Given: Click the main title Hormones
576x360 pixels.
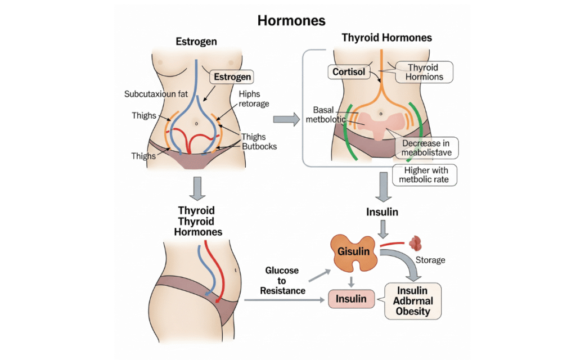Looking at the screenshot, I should coord(291,21).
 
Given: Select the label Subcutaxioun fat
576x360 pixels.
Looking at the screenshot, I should coord(156,94).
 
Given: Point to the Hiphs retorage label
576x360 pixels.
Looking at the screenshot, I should coord(254,99).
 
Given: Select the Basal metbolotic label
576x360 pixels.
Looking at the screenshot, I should coord(323,114).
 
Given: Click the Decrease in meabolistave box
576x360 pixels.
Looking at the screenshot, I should coord(426,148).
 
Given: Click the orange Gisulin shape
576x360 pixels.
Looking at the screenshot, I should coord(354,251).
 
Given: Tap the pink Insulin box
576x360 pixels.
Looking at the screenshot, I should coord(351,299).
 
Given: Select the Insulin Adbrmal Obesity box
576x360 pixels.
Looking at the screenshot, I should coord(412,301).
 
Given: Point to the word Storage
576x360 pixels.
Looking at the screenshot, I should coord(430,260).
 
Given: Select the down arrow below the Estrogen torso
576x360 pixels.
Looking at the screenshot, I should coord(196,188).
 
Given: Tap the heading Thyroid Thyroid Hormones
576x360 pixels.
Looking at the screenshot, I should coord(197,221).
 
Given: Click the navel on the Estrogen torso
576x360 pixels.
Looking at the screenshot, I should coord(196,122).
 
